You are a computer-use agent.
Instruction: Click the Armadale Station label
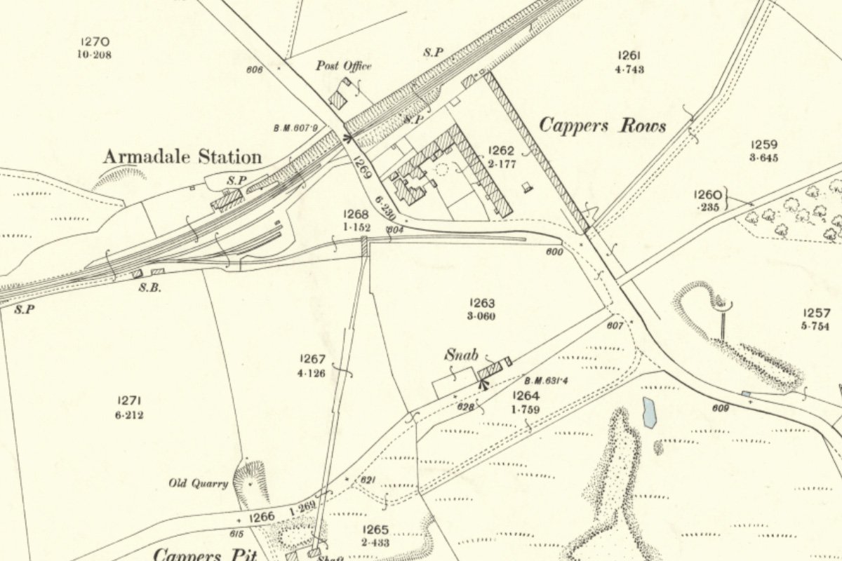[182, 156]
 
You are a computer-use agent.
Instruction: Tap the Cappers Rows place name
[602, 126]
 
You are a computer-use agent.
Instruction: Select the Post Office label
[343, 66]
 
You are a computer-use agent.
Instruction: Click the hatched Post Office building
[338, 100]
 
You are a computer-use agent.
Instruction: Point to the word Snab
[460, 355]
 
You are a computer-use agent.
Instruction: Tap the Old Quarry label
[199, 483]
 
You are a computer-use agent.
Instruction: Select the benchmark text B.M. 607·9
[295, 128]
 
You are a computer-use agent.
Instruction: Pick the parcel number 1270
[94, 42]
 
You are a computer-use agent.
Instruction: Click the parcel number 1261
[628, 56]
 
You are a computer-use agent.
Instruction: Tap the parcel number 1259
[763, 145]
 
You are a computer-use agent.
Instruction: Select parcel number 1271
[131, 400]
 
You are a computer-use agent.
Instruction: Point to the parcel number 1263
[482, 303]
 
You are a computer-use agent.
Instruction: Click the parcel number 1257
[817, 313]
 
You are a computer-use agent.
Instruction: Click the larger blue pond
[649, 412]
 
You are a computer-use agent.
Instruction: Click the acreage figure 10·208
[94, 54]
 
